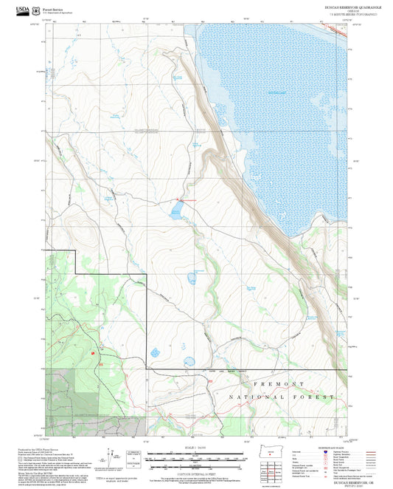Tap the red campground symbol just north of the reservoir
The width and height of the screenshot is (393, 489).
(x=177, y=199)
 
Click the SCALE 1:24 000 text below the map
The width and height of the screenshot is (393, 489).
(x=195, y=448)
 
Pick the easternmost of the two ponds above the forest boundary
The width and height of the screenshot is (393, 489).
(x=189, y=362)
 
